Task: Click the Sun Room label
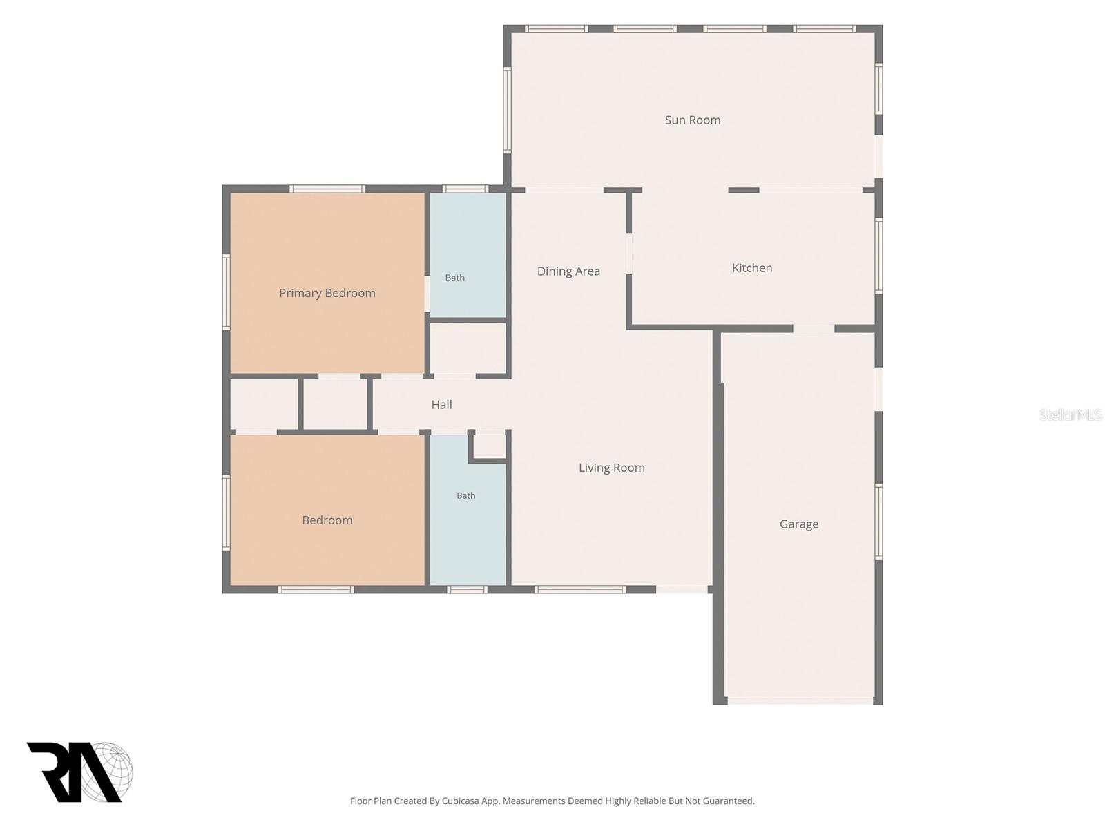tap(692, 120)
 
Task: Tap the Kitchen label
tap(751, 268)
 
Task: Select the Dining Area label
tap(568, 271)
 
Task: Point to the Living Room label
tap(612, 468)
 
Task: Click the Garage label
tap(799, 524)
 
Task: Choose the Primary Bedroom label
tap(327, 293)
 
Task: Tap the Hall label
tap(441, 404)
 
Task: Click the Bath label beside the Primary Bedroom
tap(454, 278)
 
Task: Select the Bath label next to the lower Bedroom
tap(465, 496)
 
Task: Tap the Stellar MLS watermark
tap(1070, 414)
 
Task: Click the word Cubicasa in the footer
tap(460, 801)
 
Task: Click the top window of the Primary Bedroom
tap(327, 189)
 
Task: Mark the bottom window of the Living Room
tap(580, 589)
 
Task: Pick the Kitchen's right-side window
tap(878, 256)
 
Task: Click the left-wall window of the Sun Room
tap(508, 110)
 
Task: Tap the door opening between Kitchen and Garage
tap(814, 329)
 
